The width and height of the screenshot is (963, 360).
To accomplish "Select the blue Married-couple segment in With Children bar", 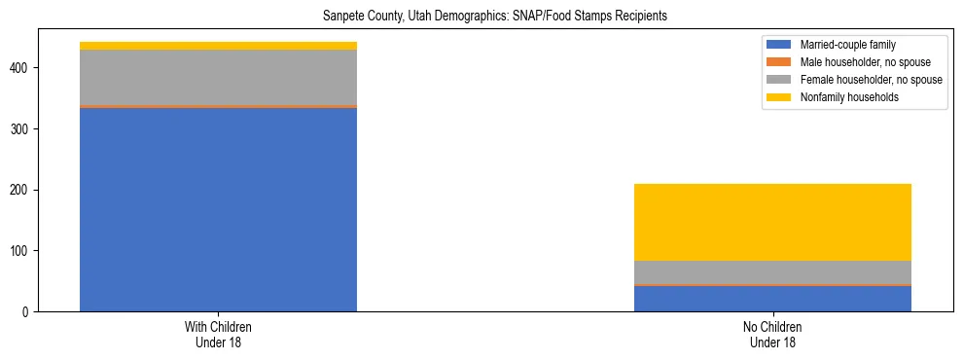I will tap(218, 209).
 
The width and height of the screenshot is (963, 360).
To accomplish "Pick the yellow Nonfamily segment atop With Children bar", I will tap(218, 46).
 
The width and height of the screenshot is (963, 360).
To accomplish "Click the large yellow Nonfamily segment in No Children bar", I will tap(772, 222).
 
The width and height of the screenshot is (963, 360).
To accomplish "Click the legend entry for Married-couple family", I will tap(847, 45).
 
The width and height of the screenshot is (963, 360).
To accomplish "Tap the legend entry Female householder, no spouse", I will tap(871, 80).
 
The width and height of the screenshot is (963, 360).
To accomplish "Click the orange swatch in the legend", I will tap(780, 62).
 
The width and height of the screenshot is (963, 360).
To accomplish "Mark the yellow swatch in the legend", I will tap(780, 97).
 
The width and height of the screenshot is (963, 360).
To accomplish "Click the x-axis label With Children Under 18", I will tap(218, 335).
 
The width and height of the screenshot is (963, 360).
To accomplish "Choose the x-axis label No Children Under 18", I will tap(772, 335).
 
